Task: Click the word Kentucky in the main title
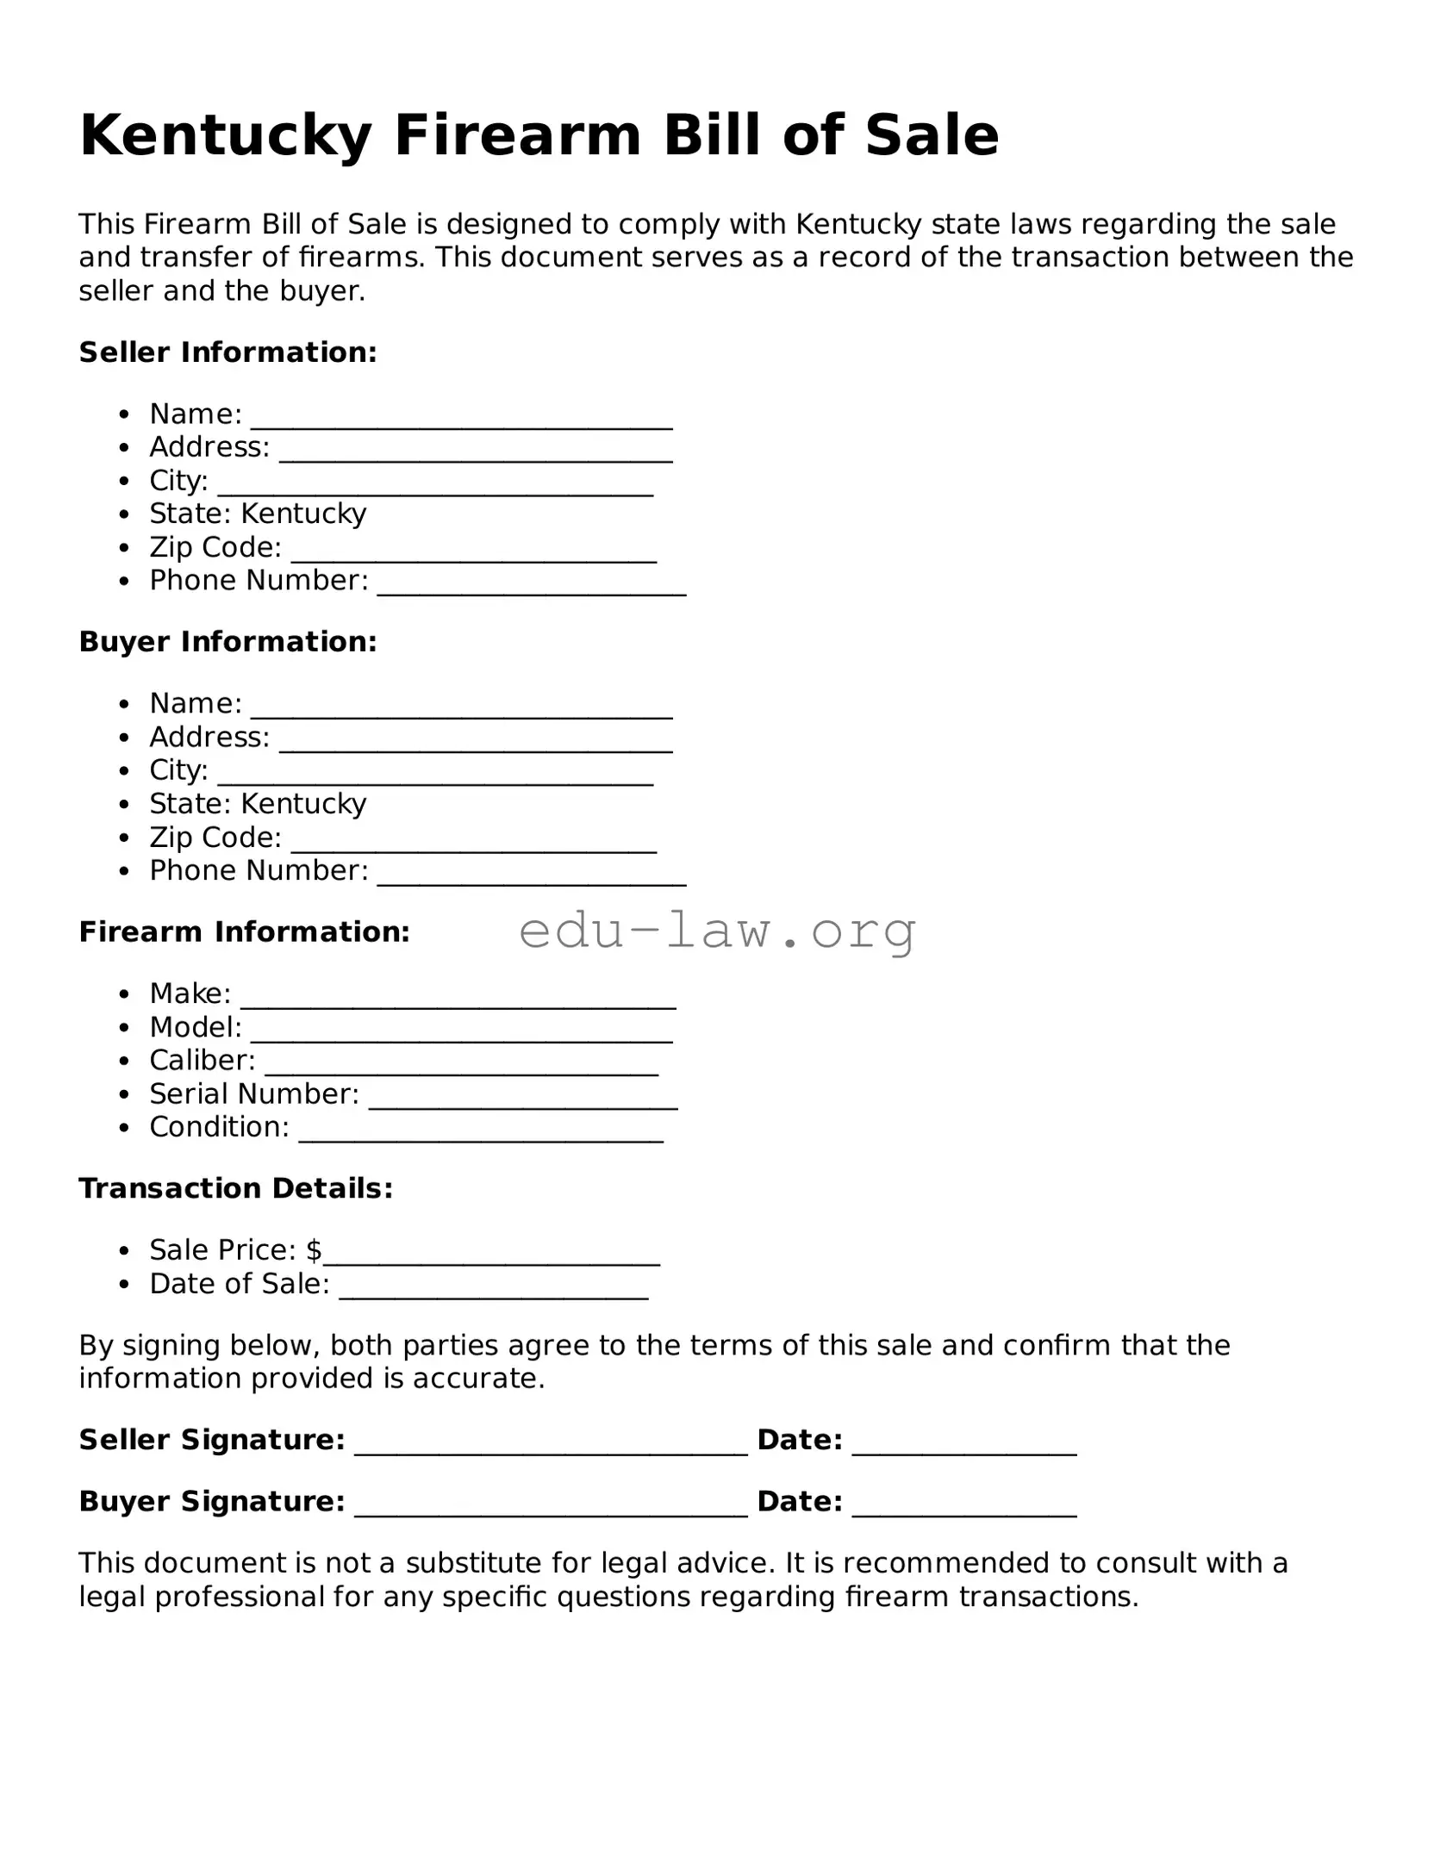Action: click(x=226, y=136)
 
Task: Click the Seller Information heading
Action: click(x=228, y=352)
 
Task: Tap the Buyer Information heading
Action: click(x=228, y=642)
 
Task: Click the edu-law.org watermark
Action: click(x=717, y=931)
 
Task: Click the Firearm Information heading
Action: click(x=244, y=932)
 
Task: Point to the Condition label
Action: click(x=219, y=1127)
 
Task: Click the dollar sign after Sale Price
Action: click(x=314, y=1250)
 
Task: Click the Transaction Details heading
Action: click(x=235, y=1189)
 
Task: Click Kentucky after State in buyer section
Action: click(x=303, y=804)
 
